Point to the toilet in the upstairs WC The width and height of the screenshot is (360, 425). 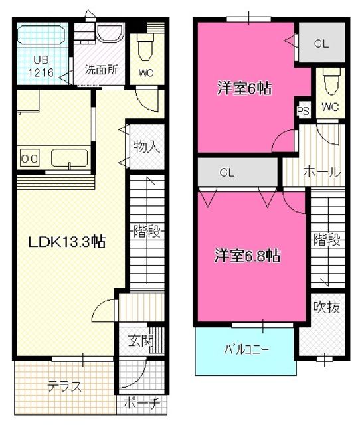click(329, 84)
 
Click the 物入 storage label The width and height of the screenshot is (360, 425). click(145, 146)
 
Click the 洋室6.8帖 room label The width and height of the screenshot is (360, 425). click(246, 256)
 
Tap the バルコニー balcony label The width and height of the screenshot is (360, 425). click(246, 350)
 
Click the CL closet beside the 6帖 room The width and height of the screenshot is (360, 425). click(321, 44)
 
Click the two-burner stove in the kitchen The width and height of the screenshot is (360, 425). click(29, 159)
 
